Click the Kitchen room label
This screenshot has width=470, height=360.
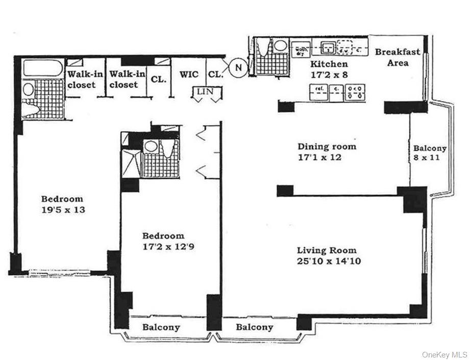click(329, 64)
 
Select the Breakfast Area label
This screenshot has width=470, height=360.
click(398, 57)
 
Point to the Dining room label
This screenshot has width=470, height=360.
click(327, 147)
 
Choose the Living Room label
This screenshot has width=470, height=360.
click(327, 251)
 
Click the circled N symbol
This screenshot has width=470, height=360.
click(237, 66)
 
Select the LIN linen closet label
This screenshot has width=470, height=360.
click(207, 92)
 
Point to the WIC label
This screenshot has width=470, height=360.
click(189, 75)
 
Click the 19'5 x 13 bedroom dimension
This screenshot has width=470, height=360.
click(62, 209)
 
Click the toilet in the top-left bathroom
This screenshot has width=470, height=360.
click(31, 109)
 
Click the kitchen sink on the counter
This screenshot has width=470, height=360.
click(328, 49)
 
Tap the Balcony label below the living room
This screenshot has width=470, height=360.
click(254, 327)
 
